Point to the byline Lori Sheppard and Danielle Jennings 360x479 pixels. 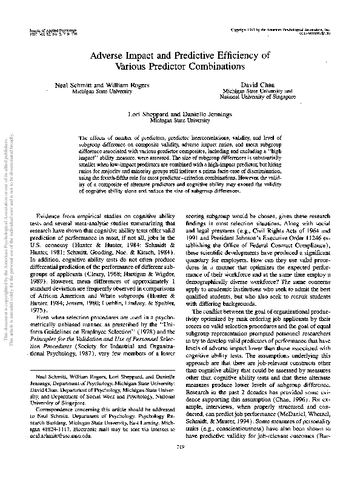click(179, 114)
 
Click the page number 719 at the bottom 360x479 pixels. click(179, 463)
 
